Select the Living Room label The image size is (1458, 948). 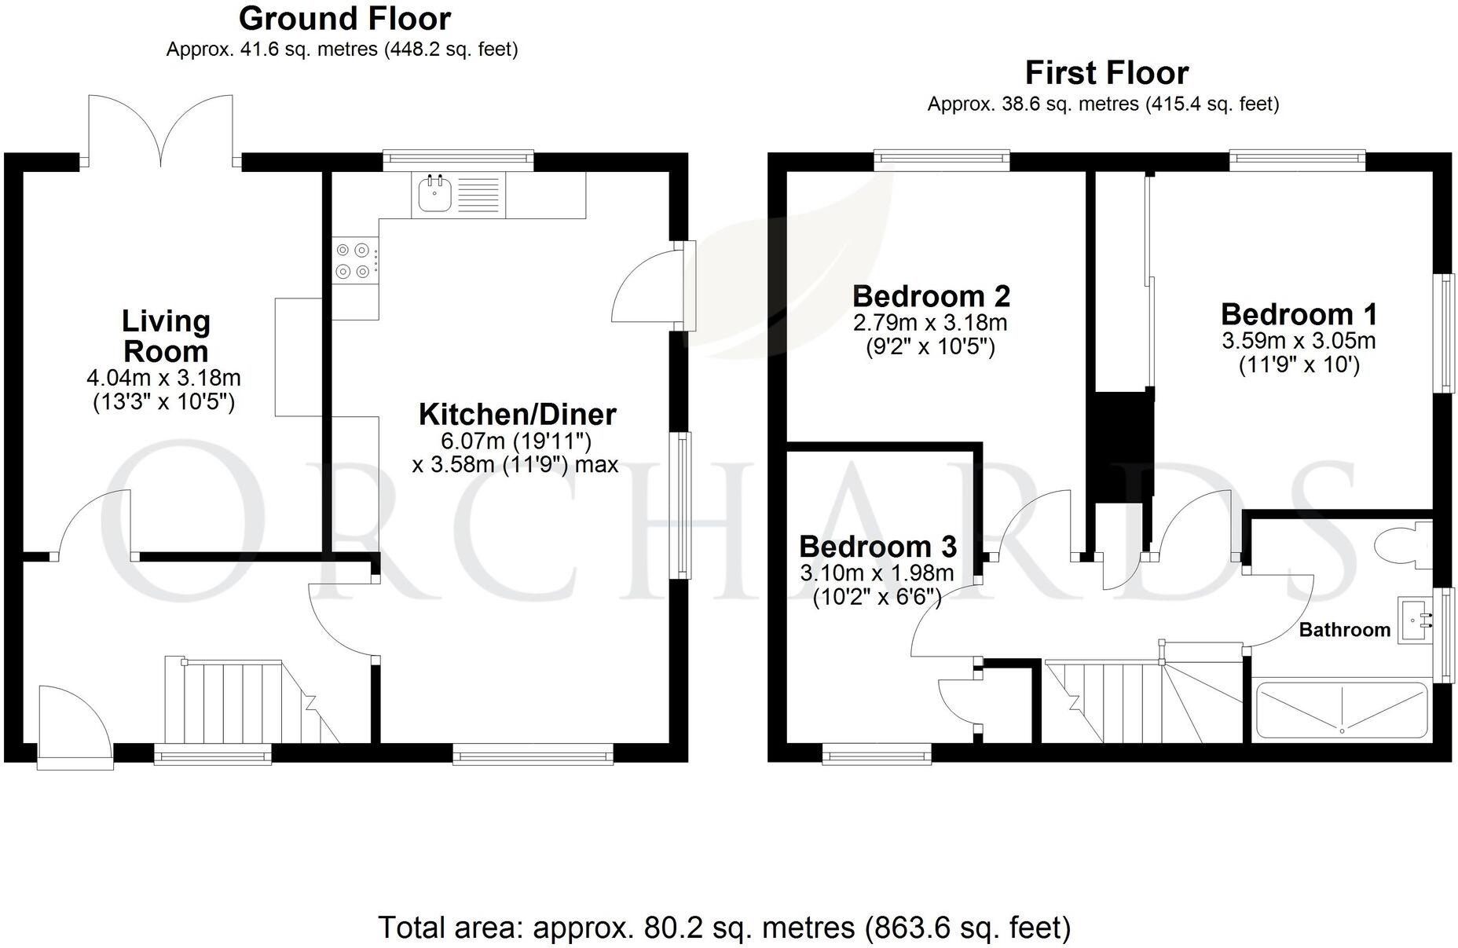pyautogui.click(x=166, y=336)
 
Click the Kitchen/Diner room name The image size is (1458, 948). pyautogui.click(x=517, y=414)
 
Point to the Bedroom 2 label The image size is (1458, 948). pyautogui.click(x=931, y=297)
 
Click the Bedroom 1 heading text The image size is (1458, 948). pyautogui.click(x=1299, y=314)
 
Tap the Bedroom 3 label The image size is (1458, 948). pyautogui.click(x=877, y=546)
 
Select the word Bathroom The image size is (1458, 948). pyautogui.click(x=1344, y=630)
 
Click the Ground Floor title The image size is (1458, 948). pyautogui.click(x=344, y=19)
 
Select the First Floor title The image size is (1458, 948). pyautogui.click(x=1106, y=73)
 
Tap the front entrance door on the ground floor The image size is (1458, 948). pyautogui.click(x=75, y=727)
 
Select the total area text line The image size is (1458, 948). pyautogui.click(x=724, y=928)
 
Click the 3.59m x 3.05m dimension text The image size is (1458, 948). pyautogui.click(x=1299, y=341)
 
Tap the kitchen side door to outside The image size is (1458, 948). pyautogui.click(x=652, y=287)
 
